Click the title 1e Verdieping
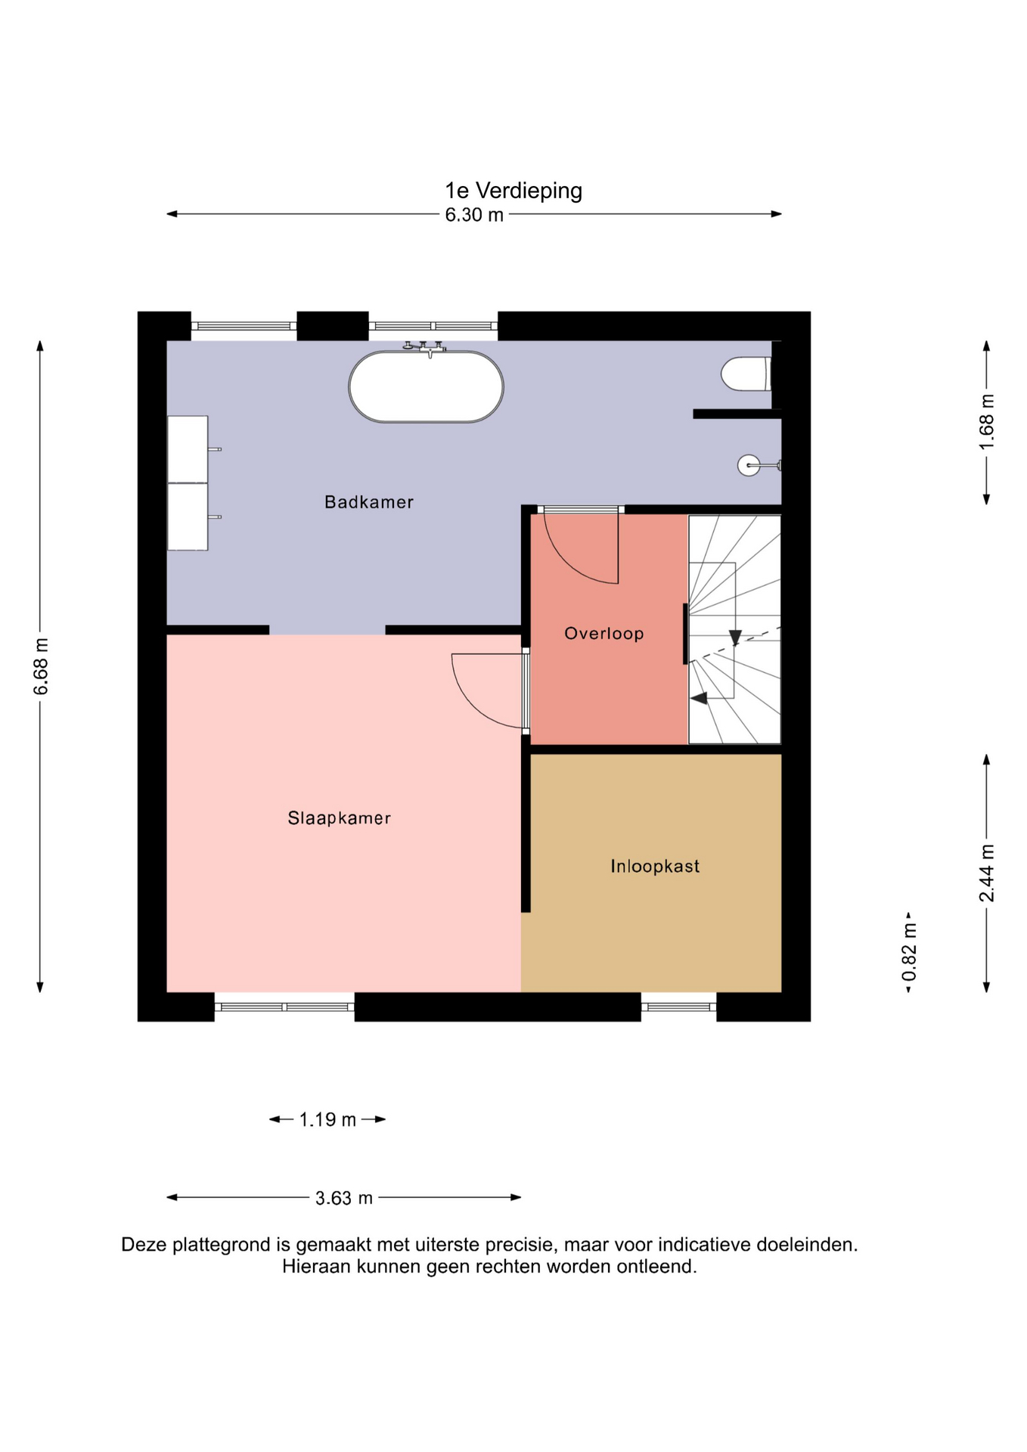coord(513,191)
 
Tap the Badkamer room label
coord(369,502)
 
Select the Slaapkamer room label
coord(339,818)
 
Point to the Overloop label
coord(604,634)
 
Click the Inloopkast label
coord(655,867)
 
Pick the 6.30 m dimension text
coord(474,215)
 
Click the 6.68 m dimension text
coord(41,666)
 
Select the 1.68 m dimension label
coord(987,422)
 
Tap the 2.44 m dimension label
coord(987,873)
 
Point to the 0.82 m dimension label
coord(909,952)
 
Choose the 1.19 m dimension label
coord(327,1119)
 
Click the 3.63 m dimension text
coord(344,1198)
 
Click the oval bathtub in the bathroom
coord(426,386)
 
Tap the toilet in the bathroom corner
coord(746,374)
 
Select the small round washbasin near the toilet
coord(749,465)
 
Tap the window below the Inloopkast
coord(678,1007)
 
